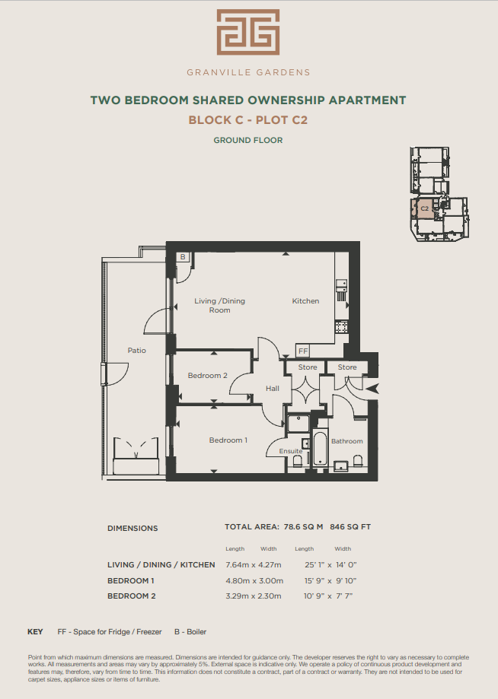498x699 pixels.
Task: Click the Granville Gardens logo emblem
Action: (x=248, y=32)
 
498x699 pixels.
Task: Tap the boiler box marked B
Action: (x=183, y=257)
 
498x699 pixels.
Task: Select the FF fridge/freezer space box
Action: (x=303, y=351)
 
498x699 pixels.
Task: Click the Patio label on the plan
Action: (x=136, y=351)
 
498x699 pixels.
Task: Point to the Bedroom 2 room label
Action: (x=207, y=375)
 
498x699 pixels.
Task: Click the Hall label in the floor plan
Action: (x=272, y=388)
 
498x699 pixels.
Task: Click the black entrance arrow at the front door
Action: (x=372, y=389)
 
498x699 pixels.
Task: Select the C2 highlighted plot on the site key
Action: (x=424, y=208)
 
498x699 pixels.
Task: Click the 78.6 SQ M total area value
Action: (x=303, y=527)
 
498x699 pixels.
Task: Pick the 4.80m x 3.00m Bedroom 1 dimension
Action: (x=254, y=581)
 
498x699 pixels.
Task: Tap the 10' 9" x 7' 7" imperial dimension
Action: (x=328, y=596)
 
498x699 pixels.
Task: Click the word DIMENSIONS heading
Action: (x=132, y=529)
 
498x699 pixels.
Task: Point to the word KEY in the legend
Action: (x=35, y=631)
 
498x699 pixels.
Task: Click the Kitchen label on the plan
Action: (x=305, y=301)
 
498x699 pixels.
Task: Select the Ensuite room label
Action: (x=291, y=451)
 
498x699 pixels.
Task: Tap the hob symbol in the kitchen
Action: (x=341, y=327)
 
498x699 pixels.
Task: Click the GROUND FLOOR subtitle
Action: (x=248, y=140)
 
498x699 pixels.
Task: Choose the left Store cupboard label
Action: (x=308, y=367)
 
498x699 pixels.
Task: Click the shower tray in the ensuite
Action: (x=298, y=423)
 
